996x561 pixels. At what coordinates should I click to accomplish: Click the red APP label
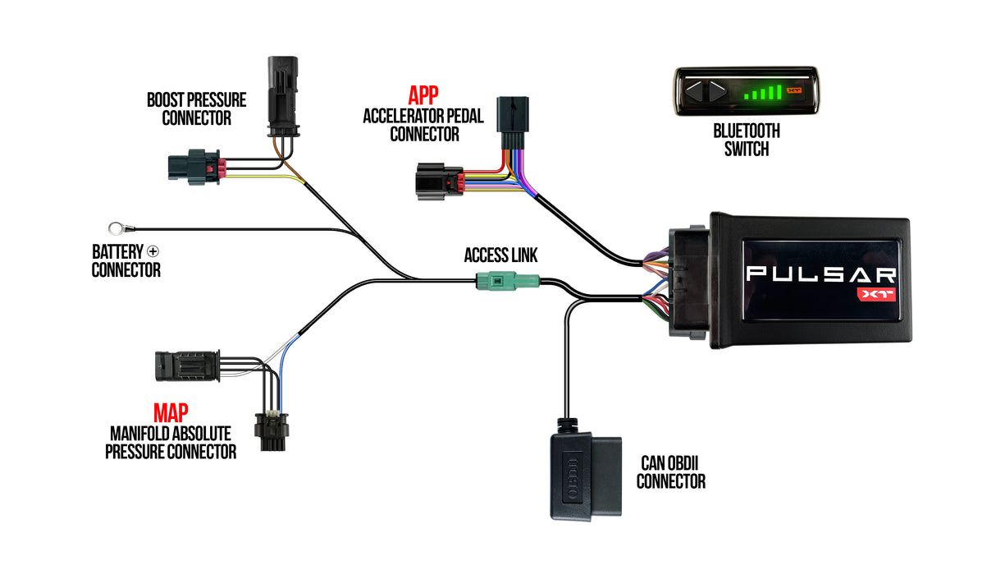[x=423, y=94]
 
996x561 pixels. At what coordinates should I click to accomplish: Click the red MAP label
[x=171, y=413]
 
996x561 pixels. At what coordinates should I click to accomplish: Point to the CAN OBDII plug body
[x=582, y=476]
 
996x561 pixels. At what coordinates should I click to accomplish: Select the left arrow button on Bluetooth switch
[x=695, y=92]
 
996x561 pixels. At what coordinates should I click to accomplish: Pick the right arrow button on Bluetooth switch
[x=716, y=92]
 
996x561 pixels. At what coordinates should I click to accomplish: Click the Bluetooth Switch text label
[x=746, y=140]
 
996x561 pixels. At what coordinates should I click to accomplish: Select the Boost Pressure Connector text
[x=196, y=108]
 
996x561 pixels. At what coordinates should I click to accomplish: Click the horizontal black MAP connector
[x=186, y=366]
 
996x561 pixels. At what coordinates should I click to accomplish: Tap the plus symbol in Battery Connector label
[x=153, y=252]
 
